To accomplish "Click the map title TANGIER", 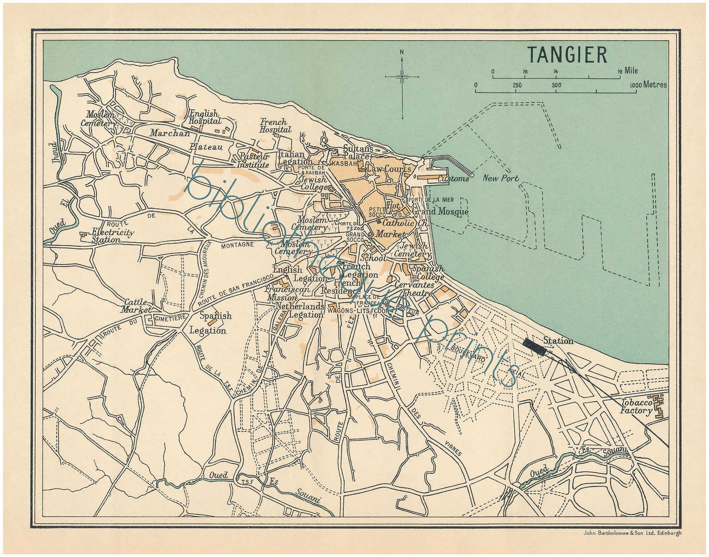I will click(567, 55).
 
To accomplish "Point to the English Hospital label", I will click(205, 117).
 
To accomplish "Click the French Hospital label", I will click(275, 125).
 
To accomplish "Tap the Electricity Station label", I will click(107, 236).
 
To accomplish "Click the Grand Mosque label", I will click(440, 212).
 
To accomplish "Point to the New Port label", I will click(500, 179).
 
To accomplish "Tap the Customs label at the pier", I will click(453, 179).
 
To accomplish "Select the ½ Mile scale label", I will click(628, 71).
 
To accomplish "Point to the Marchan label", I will click(170, 133).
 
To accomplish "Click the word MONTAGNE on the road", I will click(238, 244).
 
